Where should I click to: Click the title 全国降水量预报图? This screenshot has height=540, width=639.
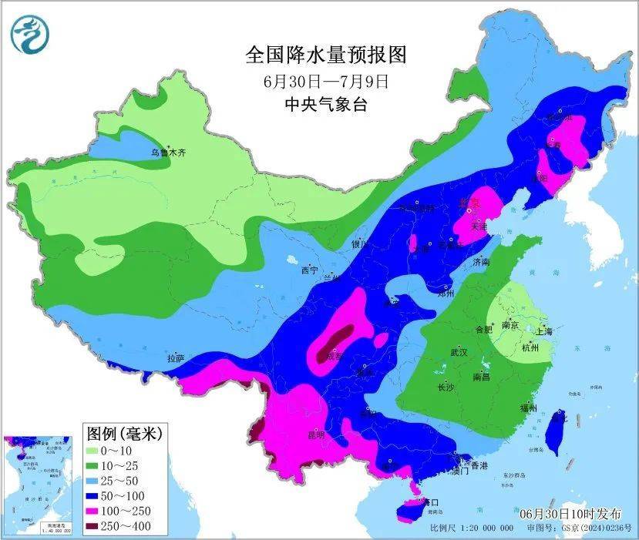pyautogui.click(x=325, y=55)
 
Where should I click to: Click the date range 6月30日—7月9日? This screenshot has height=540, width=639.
pyautogui.click(x=325, y=80)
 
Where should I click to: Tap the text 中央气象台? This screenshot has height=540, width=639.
pyautogui.click(x=325, y=104)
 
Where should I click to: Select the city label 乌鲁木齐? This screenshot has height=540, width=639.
pyautogui.click(x=168, y=153)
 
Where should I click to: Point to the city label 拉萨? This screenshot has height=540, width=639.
pyautogui.click(x=176, y=358)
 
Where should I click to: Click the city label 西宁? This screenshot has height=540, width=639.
pyautogui.click(x=309, y=270)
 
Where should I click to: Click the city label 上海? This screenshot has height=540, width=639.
pyautogui.click(x=543, y=332)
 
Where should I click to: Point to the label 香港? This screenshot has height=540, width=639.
pyautogui.click(x=479, y=466)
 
